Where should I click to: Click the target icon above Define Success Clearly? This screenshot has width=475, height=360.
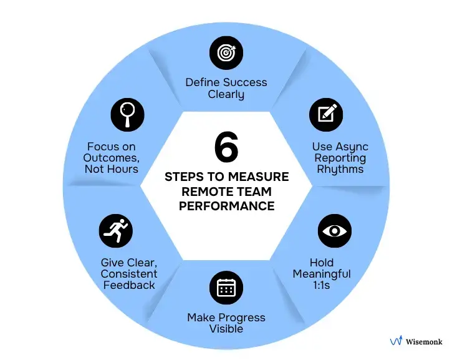226,54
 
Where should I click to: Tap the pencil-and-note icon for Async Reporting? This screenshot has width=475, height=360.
327,115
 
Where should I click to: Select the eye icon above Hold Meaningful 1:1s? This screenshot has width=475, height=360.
335,231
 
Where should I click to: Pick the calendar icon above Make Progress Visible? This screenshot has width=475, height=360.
226,288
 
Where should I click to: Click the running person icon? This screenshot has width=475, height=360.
116,231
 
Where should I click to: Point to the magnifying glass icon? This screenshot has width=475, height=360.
127,115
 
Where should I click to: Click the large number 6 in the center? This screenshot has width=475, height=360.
226,148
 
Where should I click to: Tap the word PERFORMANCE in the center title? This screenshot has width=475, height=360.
226,205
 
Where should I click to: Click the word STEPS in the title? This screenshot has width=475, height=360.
185,177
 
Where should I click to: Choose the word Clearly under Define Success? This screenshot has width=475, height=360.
226,95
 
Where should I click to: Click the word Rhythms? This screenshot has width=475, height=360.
340,169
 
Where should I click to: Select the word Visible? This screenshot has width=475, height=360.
226,329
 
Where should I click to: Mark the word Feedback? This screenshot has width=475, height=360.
128,285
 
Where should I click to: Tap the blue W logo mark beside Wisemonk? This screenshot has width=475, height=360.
395,341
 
